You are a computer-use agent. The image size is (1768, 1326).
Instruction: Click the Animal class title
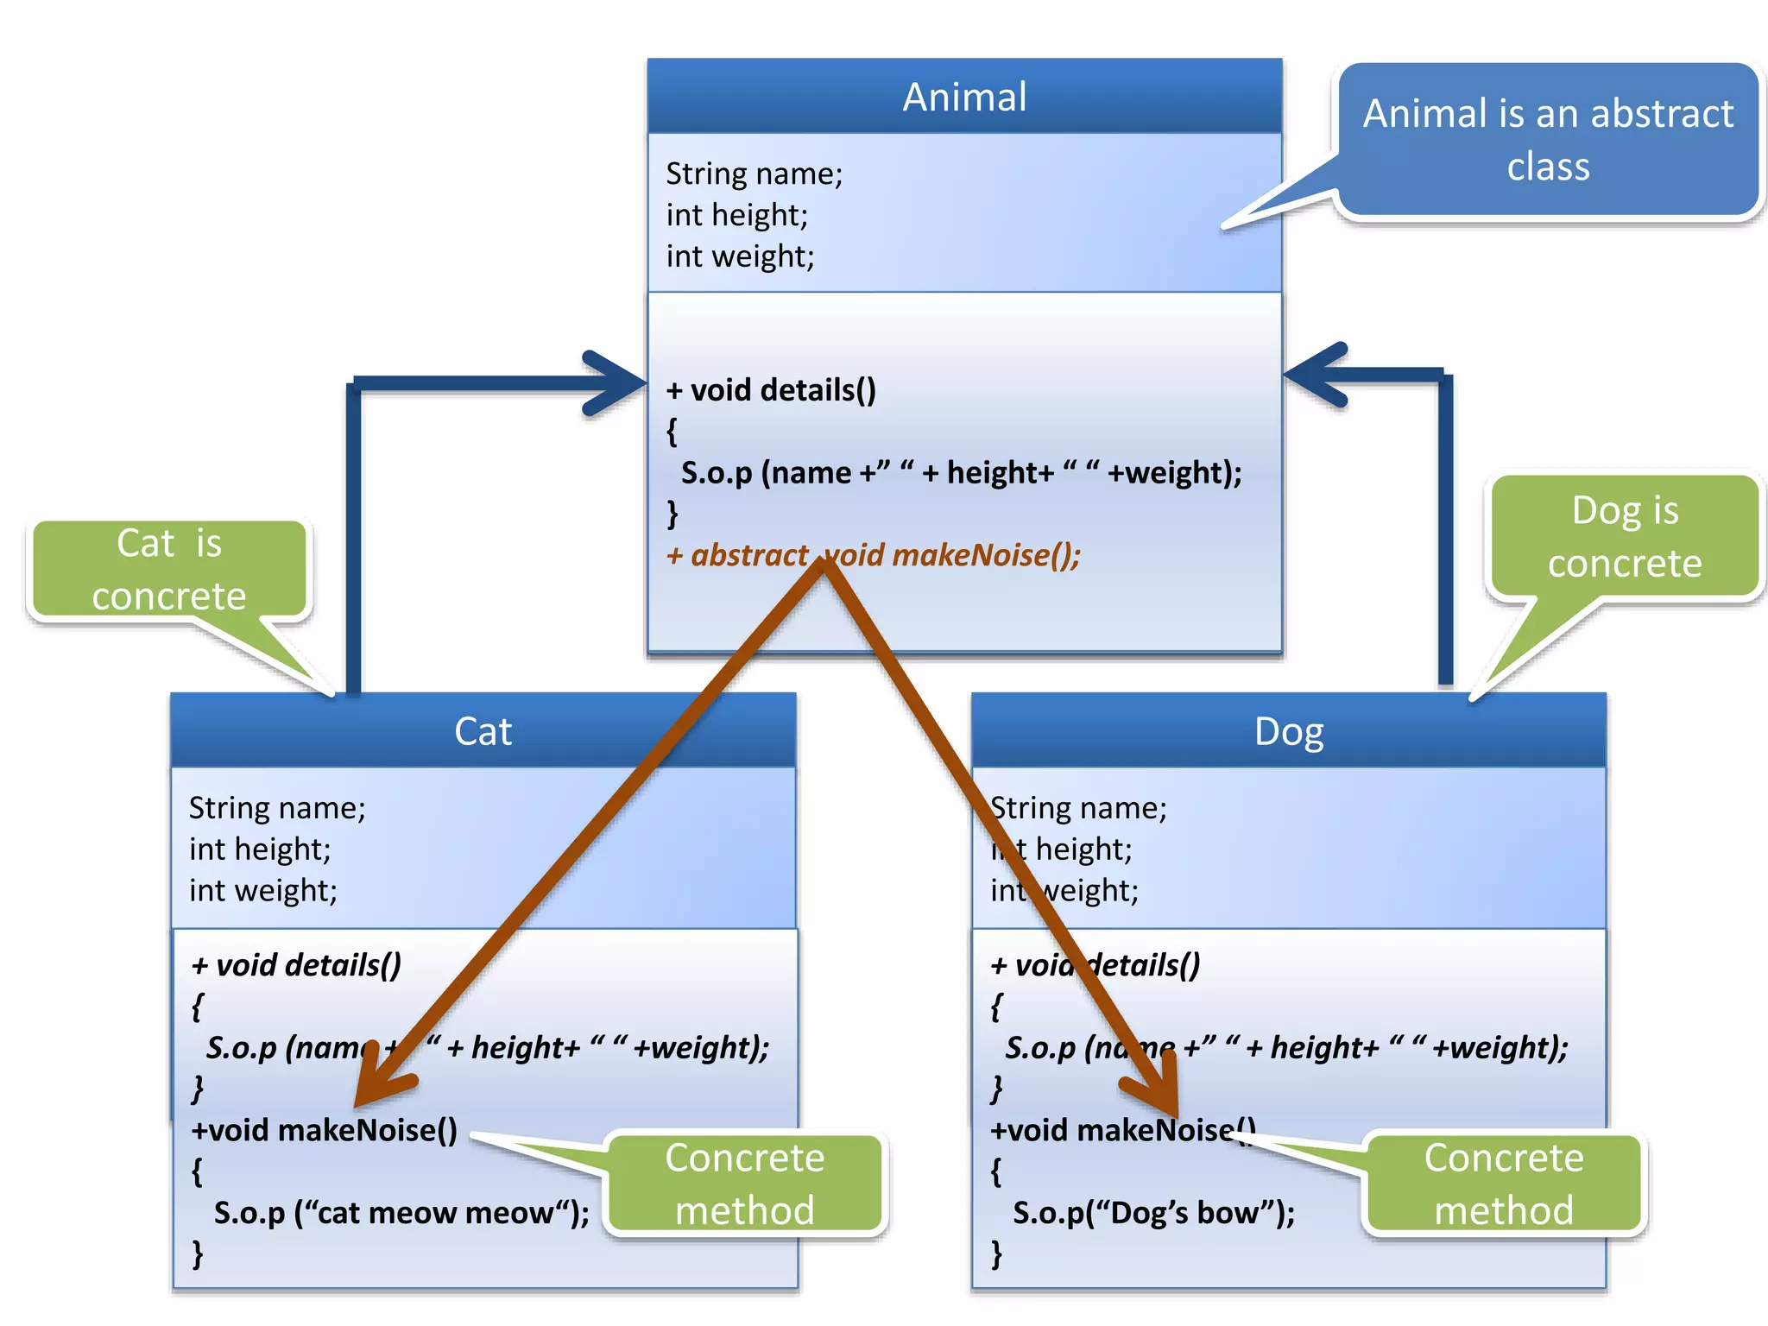pos(964,97)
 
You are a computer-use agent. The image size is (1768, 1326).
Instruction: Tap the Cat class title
pos(483,731)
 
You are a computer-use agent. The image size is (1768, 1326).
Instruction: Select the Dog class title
pos(1288,731)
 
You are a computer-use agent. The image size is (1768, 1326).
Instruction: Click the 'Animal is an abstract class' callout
pos(1547,140)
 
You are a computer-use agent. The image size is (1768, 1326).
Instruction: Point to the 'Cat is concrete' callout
pos(169,569)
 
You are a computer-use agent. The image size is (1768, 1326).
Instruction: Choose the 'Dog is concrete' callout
pos(1624,536)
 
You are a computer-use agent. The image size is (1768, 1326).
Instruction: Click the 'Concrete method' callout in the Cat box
pos(744,1184)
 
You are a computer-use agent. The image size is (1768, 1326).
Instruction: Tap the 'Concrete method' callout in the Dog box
pos(1503,1184)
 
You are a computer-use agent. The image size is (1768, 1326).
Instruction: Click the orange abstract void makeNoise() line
pos(873,555)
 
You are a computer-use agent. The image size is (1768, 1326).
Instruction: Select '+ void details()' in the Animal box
pos(771,390)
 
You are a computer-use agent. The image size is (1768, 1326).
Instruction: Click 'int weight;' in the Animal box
pos(740,256)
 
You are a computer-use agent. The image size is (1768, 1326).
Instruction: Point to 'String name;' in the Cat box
pos(277,808)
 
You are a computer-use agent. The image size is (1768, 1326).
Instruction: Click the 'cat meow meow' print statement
pos(401,1213)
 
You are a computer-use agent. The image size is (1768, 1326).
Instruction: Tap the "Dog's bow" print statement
pos(1153,1213)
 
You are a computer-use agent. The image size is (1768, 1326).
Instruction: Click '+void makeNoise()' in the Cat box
pos(324,1130)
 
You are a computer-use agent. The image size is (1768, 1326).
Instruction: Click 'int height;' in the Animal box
pos(736,215)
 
